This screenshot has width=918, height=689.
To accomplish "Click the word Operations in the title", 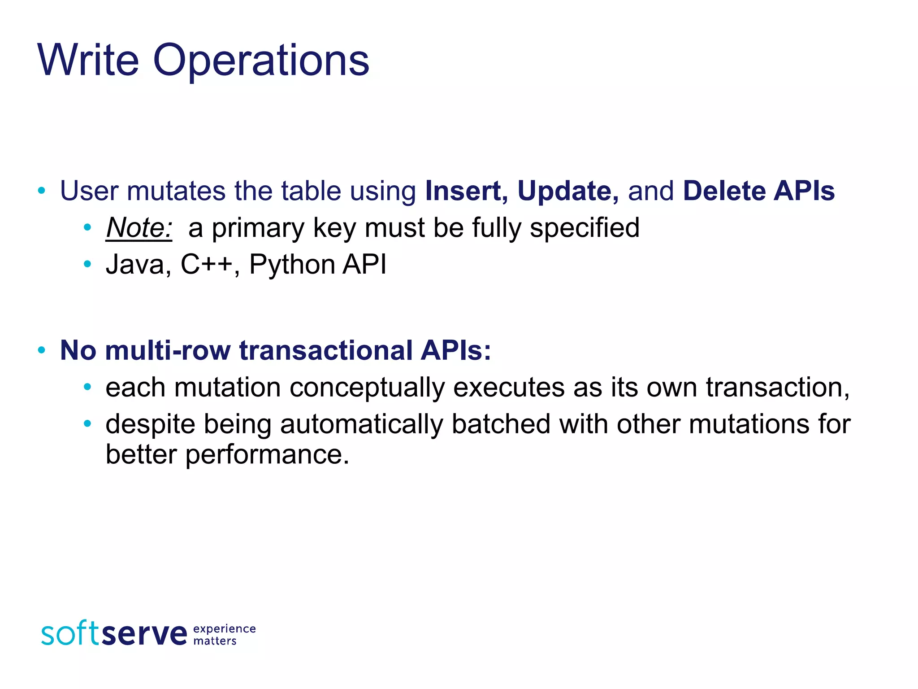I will tap(261, 61).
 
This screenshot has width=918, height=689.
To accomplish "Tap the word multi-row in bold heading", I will tap(167, 350).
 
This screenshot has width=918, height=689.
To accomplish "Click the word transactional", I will tap(325, 350).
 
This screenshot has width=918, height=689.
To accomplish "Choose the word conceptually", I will tap(367, 388).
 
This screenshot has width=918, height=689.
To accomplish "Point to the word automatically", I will tap(361, 424).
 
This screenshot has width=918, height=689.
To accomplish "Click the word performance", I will tap(267, 454).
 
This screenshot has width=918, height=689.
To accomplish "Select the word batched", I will tap(501, 424).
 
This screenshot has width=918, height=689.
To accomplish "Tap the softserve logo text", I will tap(114, 633).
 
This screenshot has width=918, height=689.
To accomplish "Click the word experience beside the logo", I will tap(224, 628).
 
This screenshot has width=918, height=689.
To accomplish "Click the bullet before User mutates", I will tap(42, 191).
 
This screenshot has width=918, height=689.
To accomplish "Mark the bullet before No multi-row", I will tap(42, 350).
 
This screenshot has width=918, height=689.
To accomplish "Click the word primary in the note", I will tap(258, 228).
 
